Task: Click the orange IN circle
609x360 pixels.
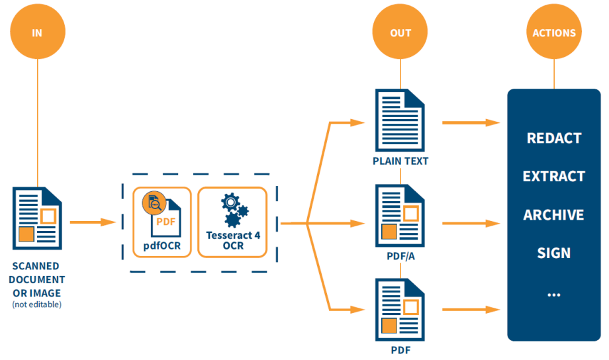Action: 37,32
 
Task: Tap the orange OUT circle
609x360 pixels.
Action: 400,32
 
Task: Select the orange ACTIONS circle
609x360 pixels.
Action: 554,32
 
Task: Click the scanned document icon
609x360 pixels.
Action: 38,216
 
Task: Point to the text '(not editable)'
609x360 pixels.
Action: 37,304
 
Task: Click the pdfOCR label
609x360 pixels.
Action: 162,248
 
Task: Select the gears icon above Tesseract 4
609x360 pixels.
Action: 234,209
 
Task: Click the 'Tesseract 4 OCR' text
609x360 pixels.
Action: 234,240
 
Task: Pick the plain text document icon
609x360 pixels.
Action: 400,122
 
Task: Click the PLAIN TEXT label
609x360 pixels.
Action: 400,161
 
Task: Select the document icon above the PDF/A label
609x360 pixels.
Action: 400,216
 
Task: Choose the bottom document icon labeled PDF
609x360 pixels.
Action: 400,309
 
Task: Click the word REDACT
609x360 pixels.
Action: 554,138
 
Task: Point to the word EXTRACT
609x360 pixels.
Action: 554,177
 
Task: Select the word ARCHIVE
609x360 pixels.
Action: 554,215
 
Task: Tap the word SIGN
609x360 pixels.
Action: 554,253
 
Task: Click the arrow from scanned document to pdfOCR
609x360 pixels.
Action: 93,222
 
